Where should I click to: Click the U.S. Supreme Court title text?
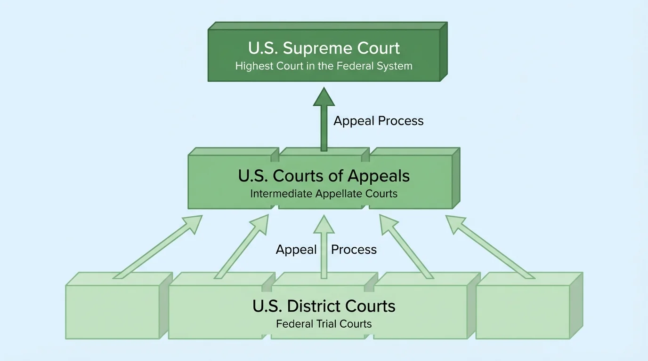coord(324,48)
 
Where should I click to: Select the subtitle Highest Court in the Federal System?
coord(324,66)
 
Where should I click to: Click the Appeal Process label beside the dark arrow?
coord(379,121)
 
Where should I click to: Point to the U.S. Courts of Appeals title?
coord(324,176)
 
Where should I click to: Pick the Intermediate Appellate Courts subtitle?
coord(324,193)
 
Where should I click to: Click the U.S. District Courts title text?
coord(324,306)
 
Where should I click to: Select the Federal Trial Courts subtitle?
coord(324,324)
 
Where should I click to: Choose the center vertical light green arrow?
coord(324,247)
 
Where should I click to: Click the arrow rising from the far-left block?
coord(158,247)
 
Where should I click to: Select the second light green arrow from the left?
coord(242,247)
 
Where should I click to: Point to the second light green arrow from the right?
coord(406,247)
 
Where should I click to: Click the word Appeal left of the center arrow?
coord(296,250)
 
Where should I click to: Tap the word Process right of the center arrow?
coord(354,250)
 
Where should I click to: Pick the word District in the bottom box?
coord(314,306)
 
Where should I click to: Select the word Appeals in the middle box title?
coord(379,176)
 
